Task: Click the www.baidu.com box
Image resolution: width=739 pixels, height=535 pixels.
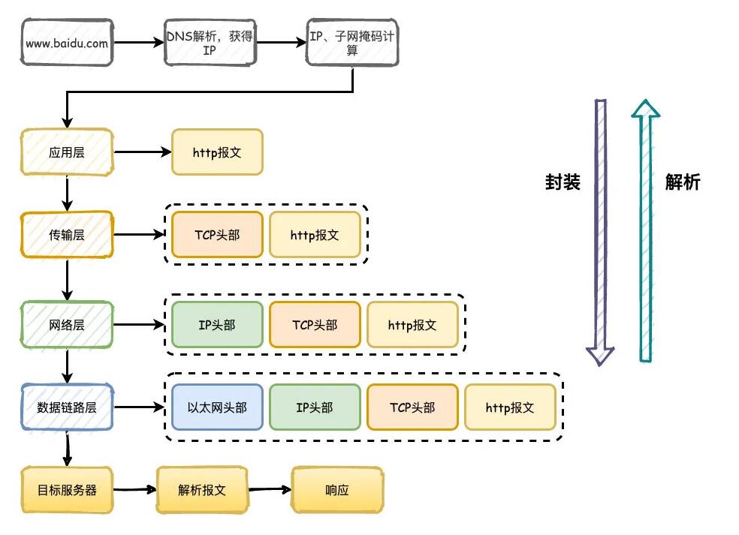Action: click(x=67, y=44)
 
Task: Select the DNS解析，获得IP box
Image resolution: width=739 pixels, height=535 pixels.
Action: click(x=210, y=44)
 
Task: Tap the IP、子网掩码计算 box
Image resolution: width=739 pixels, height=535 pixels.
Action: click(x=352, y=44)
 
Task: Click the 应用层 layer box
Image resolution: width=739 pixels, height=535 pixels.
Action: click(x=67, y=152)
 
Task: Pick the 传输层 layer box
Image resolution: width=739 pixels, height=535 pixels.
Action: click(x=67, y=235)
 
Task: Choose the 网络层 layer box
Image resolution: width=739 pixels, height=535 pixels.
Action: click(x=67, y=325)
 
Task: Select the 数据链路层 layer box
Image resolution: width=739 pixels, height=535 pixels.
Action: click(x=67, y=407)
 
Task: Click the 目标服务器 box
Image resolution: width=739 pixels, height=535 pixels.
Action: click(x=67, y=490)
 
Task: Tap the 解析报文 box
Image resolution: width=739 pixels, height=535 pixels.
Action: click(x=202, y=490)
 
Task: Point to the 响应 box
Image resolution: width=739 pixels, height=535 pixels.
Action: click(x=337, y=490)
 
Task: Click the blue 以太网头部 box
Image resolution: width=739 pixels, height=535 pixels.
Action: click(x=217, y=407)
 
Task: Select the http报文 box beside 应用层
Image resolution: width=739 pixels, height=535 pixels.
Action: click(x=217, y=152)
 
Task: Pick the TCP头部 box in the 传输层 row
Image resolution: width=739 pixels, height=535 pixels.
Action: click(x=217, y=235)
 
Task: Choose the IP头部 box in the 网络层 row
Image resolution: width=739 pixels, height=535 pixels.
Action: click(x=217, y=325)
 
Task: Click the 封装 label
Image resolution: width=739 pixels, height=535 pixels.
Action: click(x=563, y=182)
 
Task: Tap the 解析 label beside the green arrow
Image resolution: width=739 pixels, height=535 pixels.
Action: click(x=683, y=182)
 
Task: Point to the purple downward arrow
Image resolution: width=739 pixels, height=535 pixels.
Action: click(x=600, y=233)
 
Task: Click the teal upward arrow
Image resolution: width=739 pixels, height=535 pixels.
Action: click(x=645, y=233)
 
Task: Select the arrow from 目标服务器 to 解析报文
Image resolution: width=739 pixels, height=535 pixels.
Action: click(x=134, y=490)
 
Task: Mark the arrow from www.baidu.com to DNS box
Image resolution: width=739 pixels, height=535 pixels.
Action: click(x=138, y=44)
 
